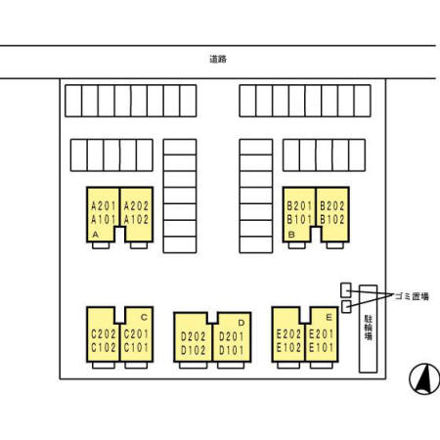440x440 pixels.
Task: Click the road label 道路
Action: (x=218, y=59)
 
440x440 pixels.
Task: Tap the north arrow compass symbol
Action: (x=424, y=379)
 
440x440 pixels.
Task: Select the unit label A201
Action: (x=104, y=206)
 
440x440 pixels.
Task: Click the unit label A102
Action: (x=136, y=220)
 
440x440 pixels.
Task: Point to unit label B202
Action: (x=332, y=206)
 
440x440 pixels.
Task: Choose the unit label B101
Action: (x=299, y=220)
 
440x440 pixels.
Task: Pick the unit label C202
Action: (x=104, y=334)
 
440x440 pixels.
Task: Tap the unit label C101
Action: (x=136, y=348)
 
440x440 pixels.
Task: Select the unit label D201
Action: (x=232, y=336)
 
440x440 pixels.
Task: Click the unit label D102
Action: (x=194, y=350)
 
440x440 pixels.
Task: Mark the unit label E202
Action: (x=288, y=334)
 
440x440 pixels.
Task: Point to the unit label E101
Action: (x=322, y=348)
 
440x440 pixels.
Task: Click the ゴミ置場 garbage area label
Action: (x=412, y=296)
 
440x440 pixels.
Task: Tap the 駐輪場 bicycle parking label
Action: (x=369, y=328)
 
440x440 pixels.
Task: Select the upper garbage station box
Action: (x=346, y=290)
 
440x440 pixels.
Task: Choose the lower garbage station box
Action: (x=346, y=306)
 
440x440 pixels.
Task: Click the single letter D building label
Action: (x=242, y=323)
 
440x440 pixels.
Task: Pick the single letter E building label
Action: (x=329, y=317)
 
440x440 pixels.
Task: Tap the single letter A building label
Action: (x=96, y=235)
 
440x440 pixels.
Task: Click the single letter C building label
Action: (x=144, y=317)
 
